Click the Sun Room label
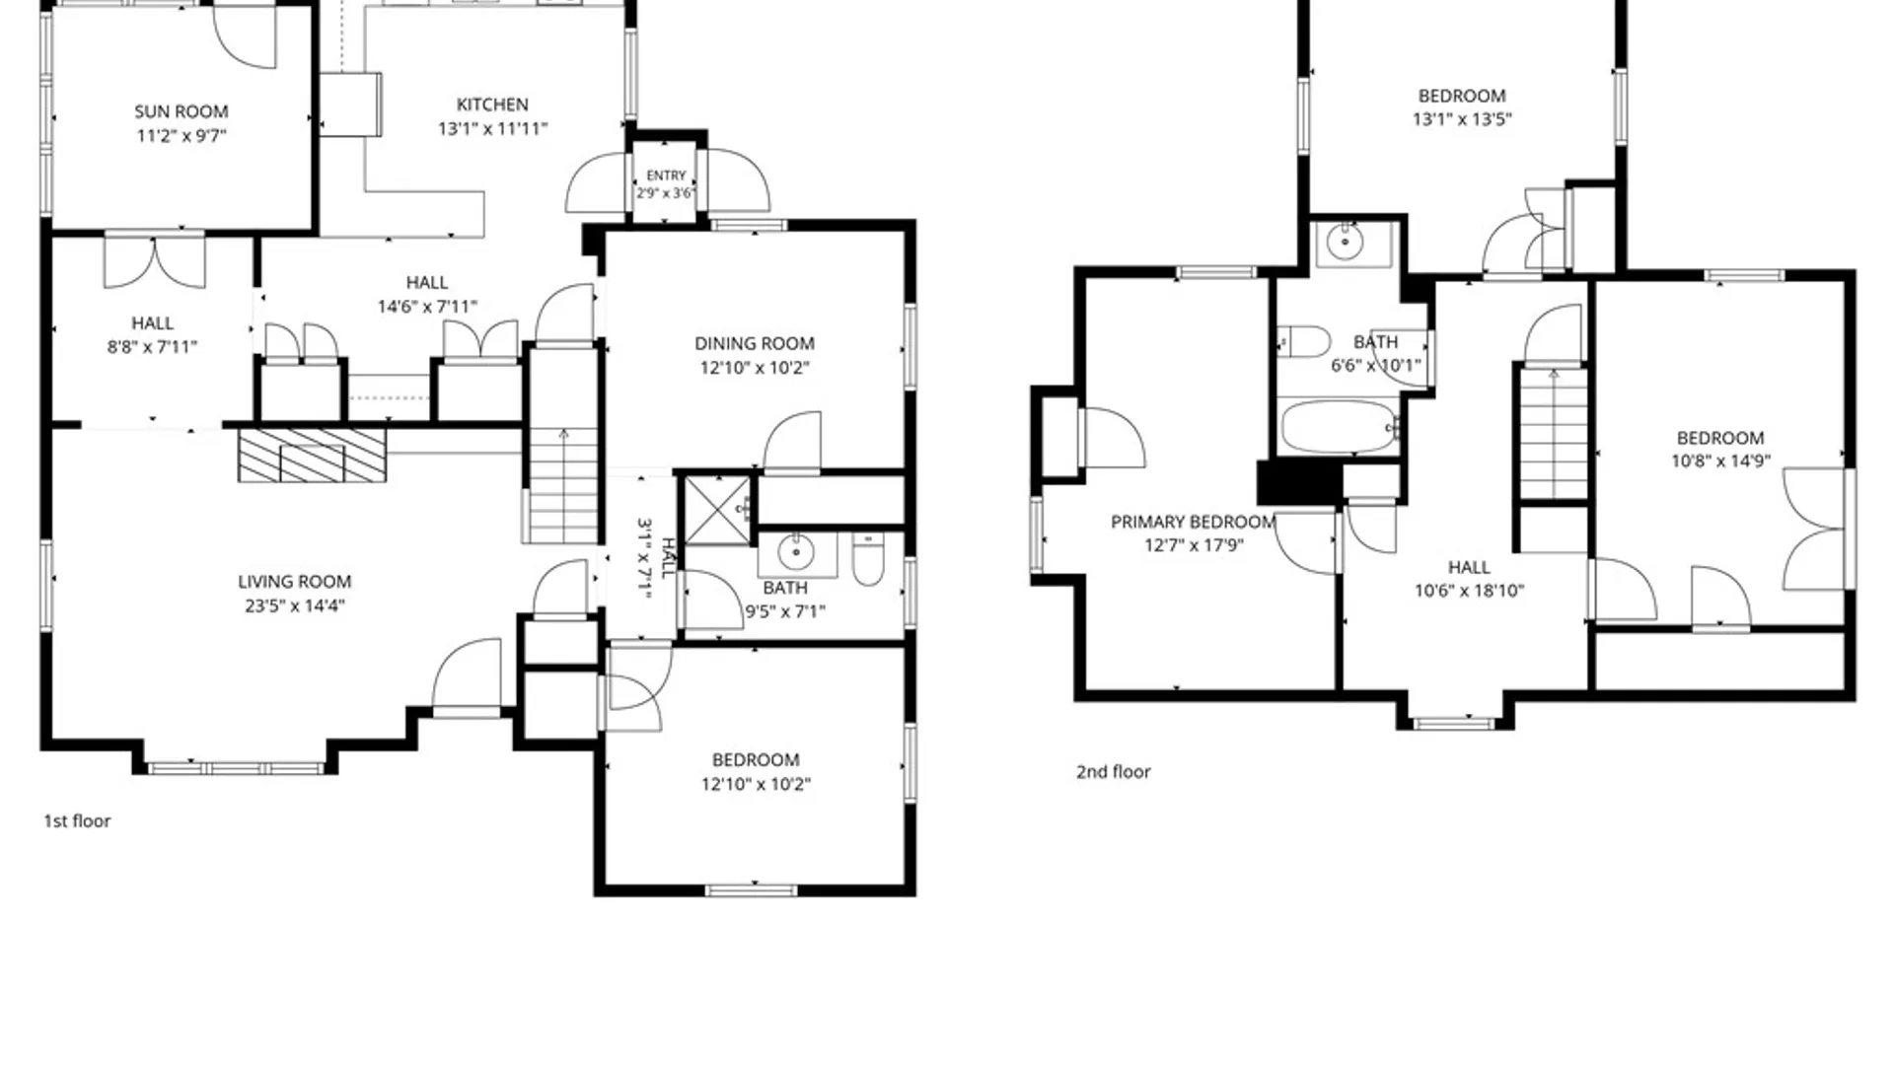tap(182, 111)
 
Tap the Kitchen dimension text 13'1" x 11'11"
tap(492, 128)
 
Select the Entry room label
tap(666, 176)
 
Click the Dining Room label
tap(755, 343)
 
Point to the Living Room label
tap(294, 582)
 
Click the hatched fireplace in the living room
tap(312, 455)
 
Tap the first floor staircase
tap(563, 484)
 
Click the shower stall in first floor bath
tap(717, 510)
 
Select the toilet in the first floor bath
tap(868, 559)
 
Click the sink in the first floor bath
tap(796, 554)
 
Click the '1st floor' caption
tap(77, 820)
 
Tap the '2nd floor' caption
tap(1114, 771)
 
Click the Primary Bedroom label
tap(1194, 522)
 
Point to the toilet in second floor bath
tap(1304, 342)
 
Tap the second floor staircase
tap(1554, 434)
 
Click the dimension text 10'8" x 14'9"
tap(1720, 461)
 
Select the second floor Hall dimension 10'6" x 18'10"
tap(1469, 591)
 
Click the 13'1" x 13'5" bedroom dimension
tap(1462, 119)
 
